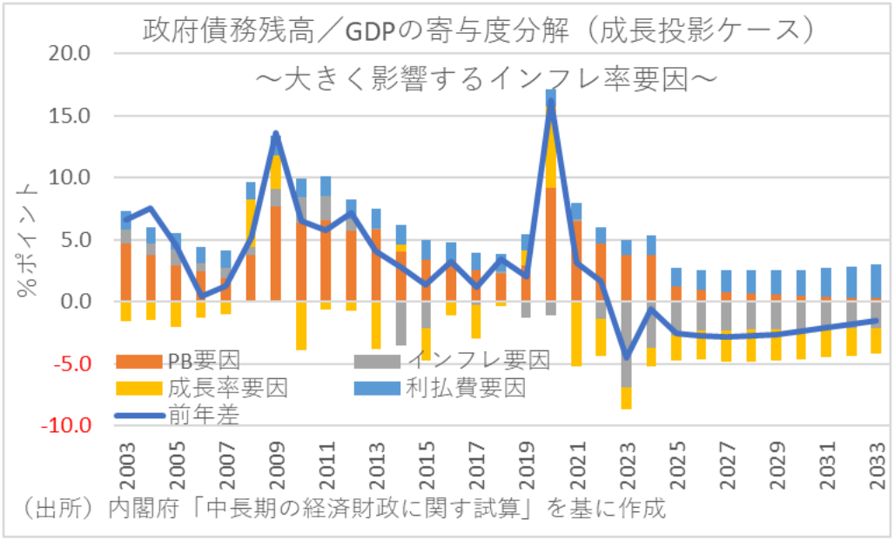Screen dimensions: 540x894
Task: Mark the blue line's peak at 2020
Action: pos(550,103)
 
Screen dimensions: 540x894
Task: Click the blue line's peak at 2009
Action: pos(276,134)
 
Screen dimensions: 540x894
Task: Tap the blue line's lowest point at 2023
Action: pos(626,357)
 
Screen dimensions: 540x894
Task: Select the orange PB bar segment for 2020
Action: pos(550,243)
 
